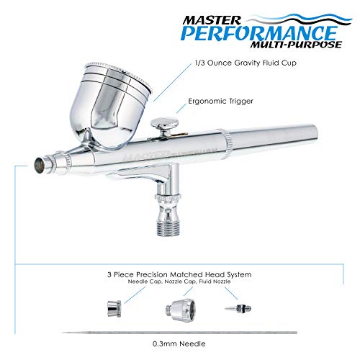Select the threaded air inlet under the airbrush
tap(169, 217)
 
